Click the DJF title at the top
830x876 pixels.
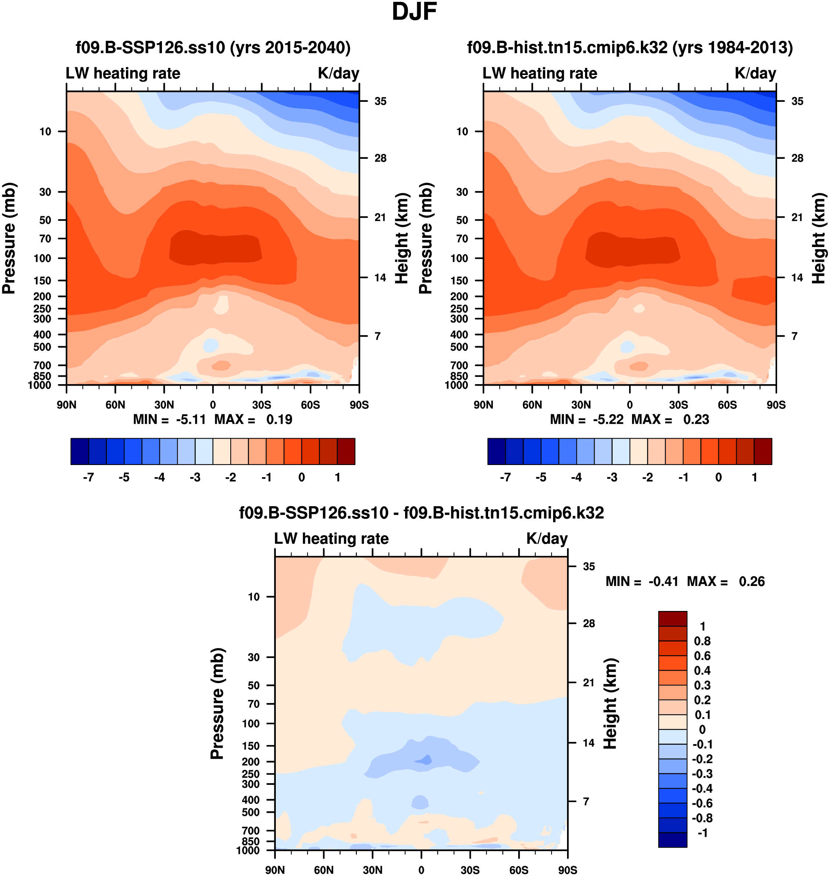414,12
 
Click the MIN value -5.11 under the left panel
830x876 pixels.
191,419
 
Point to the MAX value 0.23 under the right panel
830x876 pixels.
696,419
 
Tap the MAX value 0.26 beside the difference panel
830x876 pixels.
751,582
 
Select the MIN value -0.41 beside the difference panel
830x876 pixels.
663,582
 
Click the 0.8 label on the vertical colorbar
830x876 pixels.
702,641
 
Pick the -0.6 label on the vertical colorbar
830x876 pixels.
702,803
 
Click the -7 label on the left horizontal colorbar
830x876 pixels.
89,478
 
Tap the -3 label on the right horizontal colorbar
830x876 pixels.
612,478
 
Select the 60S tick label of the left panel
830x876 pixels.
310,405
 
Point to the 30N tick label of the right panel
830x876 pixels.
581,405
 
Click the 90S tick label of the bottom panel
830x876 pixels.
567,870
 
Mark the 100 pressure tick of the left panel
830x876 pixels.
43,258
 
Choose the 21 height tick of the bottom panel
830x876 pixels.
588,683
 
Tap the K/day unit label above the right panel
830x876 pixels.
755,73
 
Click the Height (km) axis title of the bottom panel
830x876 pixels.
610,704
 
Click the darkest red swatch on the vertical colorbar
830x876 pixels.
672,619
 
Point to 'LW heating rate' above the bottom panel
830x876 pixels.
331,539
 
